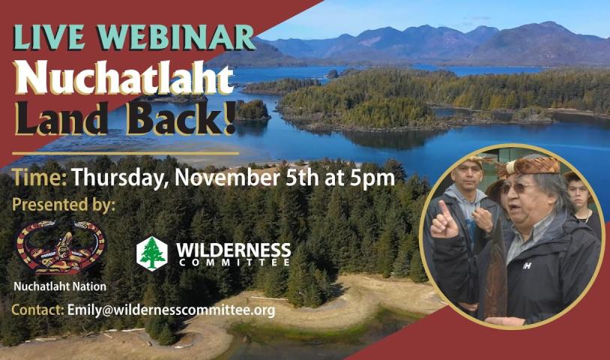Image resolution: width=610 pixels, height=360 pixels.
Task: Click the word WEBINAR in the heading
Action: click(x=176, y=38)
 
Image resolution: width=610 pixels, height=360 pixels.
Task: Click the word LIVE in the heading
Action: click(x=49, y=37)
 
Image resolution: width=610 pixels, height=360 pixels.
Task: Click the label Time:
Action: click(x=39, y=178)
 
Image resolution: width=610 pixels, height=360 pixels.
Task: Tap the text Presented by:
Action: click(x=64, y=205)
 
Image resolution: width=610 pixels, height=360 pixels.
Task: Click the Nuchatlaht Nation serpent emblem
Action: click(x=60, y=247)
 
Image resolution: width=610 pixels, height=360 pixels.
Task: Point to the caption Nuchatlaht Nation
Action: click(x=60, y=286)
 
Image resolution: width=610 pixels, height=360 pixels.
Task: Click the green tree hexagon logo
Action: click(x=151, y=253)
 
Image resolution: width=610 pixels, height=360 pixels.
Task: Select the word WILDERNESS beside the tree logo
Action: click(x=233, y=250)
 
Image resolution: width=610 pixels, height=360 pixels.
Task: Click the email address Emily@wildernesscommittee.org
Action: click(x=171, y=310)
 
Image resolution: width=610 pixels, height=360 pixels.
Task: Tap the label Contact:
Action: click(x=37, y=310)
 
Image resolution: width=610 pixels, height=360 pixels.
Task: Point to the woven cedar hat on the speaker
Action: click(x=530, y=166)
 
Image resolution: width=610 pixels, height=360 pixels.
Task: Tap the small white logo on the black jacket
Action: click(x=527, y=265)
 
